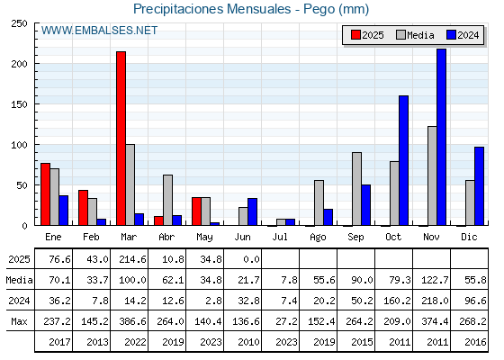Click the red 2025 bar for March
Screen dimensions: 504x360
121,139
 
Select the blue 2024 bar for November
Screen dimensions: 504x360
441,137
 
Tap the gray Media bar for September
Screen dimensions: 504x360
356,189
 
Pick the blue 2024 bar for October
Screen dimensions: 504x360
403,160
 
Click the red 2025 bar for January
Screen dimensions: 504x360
45,194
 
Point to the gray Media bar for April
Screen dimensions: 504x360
167,200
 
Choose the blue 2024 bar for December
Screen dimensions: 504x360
479,186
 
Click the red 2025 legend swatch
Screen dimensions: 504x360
355,35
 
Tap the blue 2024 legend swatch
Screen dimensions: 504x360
451,35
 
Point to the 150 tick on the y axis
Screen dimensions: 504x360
19,104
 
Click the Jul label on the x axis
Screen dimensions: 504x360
280,237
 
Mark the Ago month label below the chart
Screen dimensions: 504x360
318,238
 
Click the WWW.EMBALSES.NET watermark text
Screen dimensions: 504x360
99,31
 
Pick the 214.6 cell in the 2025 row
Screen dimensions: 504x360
132,259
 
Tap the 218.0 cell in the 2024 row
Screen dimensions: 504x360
435,301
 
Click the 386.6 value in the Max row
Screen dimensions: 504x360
132,321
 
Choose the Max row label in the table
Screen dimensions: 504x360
19,321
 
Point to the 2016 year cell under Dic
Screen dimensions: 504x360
475,342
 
